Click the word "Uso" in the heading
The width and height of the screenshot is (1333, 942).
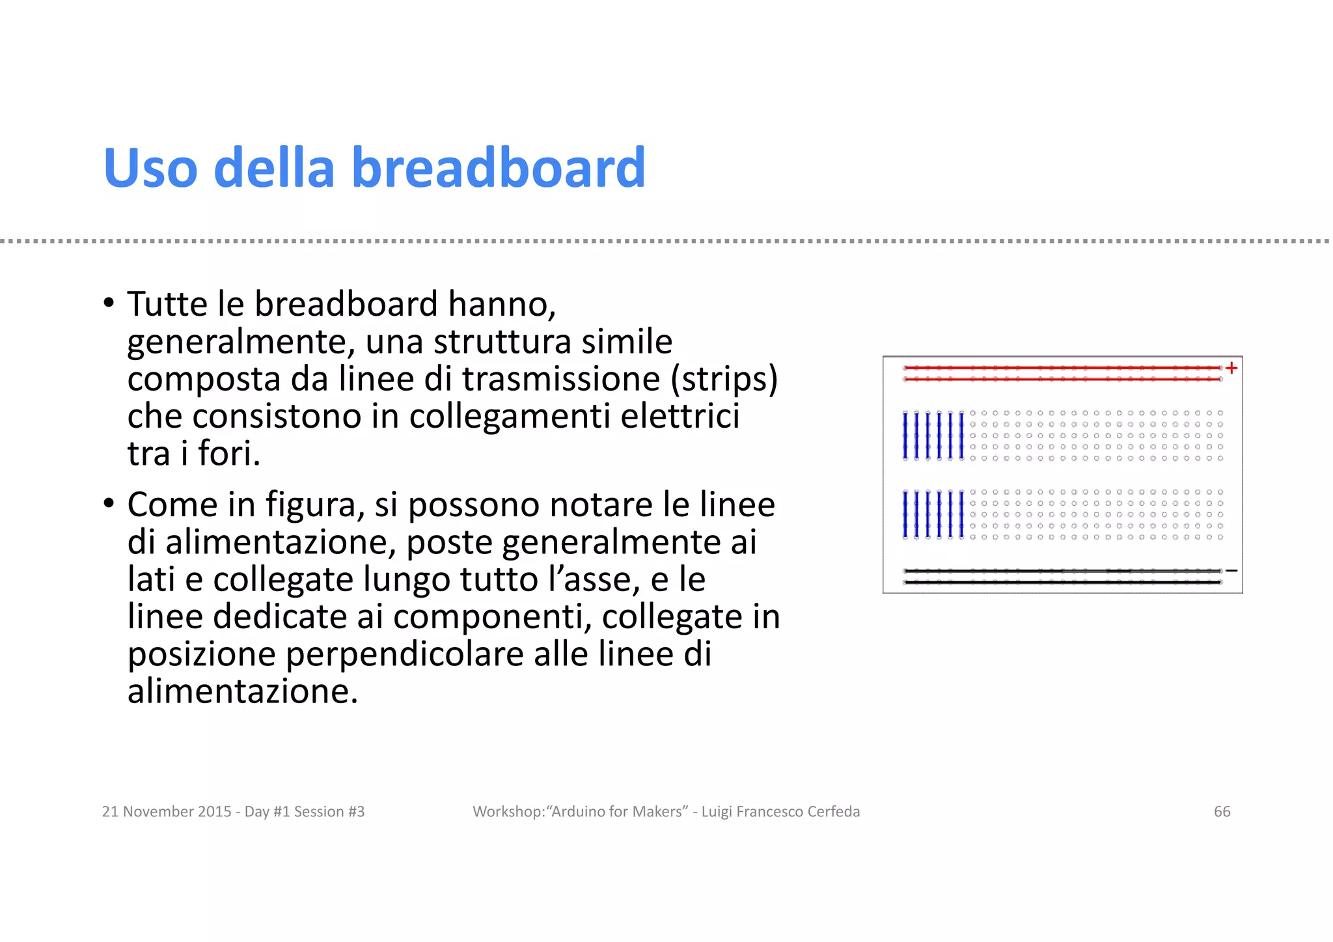click(x=150, y=168)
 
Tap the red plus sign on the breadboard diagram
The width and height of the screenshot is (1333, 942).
click(x=1231, y=368)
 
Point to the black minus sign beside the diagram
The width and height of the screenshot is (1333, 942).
click(x=1231, y=571)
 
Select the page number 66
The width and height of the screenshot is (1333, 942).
click(x=1222, y=812)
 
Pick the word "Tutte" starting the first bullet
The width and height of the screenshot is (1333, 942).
click(x=167, y=304)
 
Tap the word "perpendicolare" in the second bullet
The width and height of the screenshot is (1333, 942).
click(x=404, y=654)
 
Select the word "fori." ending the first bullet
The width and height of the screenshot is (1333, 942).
click(x=229, y=454)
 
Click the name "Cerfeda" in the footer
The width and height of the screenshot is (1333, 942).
click(x=833, y=812)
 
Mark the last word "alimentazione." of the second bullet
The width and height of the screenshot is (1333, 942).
click(x=243, y=691)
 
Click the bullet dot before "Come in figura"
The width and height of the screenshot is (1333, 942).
click(x=109, y=503)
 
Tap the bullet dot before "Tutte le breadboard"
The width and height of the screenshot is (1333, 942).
click(x=109, y=303)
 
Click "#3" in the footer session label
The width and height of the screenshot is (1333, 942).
click(x=356, y=812)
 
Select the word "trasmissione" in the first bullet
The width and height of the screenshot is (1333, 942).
click(x=561, y=380)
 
